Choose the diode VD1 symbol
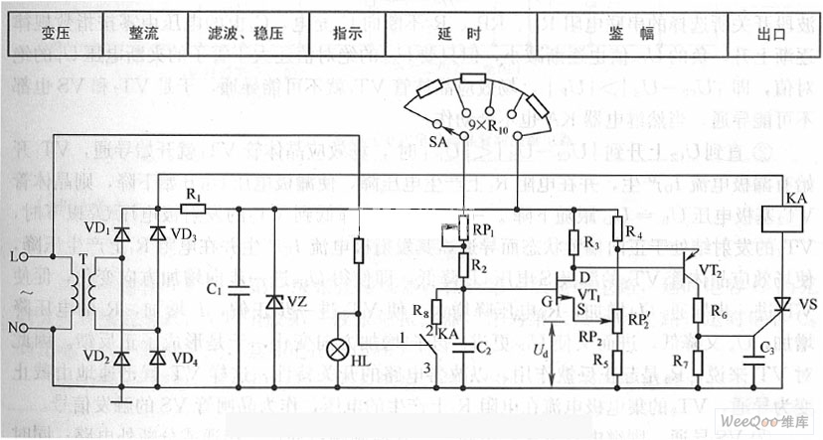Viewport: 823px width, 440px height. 121,234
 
